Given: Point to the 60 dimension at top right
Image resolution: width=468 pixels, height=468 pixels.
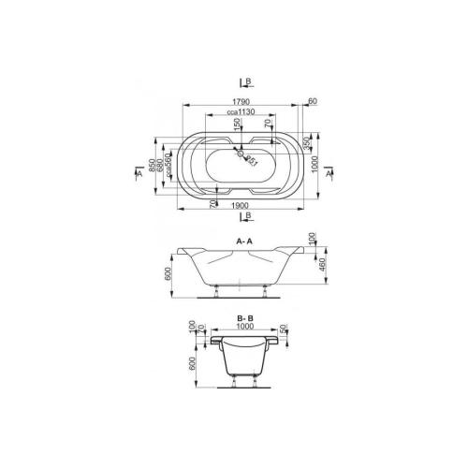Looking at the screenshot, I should (x=312, y=102).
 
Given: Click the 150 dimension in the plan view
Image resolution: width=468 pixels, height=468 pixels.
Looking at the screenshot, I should (x=237, y=125).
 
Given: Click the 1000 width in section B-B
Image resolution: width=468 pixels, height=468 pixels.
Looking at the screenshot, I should (x=244, y=328).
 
